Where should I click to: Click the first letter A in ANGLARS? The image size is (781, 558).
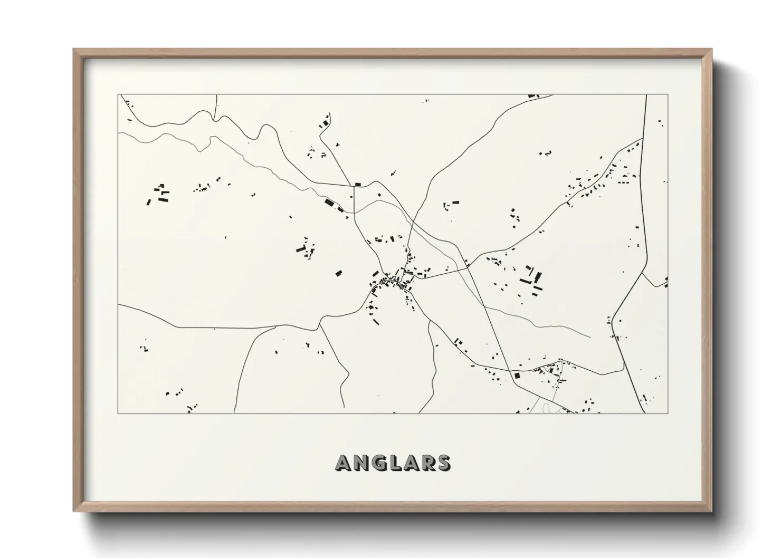pyautogui.click(x=345, y=463)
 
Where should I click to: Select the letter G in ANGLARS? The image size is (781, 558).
pyautogui.click(x=379, y=463)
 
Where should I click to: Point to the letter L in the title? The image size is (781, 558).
pyautogui.click(x=395, y=463)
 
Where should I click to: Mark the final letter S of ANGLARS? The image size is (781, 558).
pyautogui.click(x=443, y=463)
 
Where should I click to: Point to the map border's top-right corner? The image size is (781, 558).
pyautogui.click(x=668, y=95)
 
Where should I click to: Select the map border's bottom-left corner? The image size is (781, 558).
pyautogui.click(x=118, y=413)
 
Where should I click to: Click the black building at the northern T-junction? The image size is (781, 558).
pyautogui.click(x=358, y=184)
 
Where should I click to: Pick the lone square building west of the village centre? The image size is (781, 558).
pyautogui.click(x=339, y=273)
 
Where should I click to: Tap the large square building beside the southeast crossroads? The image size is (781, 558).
pyautogui.click(x=517, y=376)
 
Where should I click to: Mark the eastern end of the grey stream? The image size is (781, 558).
pyautogui.click(x=589, y=337)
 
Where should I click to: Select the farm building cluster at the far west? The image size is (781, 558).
pyautogui.click(x=159, y=194)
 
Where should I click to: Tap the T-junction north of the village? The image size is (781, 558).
pyautogui.click(x=353, y=186)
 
